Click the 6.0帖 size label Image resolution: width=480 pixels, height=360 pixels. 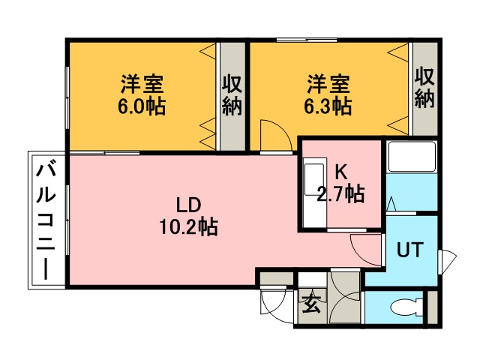142,106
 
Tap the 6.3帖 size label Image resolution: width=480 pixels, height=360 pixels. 328,106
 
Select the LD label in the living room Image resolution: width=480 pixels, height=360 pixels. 188,205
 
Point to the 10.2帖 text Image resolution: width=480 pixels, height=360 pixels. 188,227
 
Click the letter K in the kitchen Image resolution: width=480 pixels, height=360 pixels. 340,173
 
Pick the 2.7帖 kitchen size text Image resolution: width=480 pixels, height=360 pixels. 340,194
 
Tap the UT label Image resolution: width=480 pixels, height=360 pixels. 410,250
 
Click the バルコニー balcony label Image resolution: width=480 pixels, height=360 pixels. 46,221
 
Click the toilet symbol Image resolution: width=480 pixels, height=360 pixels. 406,307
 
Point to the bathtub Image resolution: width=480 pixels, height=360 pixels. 412,156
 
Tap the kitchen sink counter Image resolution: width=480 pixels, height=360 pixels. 314,193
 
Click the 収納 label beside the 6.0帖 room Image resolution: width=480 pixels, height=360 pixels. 232,95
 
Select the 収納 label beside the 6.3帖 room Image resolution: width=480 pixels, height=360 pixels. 424,88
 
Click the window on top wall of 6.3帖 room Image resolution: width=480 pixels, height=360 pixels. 307,40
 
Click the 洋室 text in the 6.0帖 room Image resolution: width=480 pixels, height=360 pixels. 142,84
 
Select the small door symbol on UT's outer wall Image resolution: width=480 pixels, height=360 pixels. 447,262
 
